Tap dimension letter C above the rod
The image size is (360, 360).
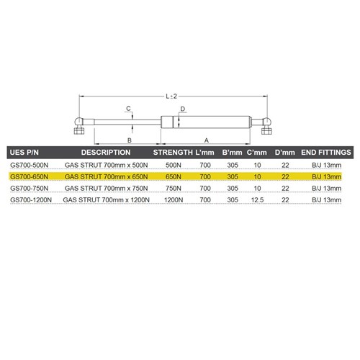[x=127, y=109]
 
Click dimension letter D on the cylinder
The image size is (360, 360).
[x=184, y=109]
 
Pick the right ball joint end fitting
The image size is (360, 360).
[x=266, y=127]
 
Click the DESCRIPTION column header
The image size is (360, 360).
[x=105, y=153]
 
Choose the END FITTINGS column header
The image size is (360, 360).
[x=325, y=153]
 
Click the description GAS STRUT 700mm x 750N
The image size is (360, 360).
[x=105, y=187]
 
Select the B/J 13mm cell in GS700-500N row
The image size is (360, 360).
[x=325, y=165]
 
